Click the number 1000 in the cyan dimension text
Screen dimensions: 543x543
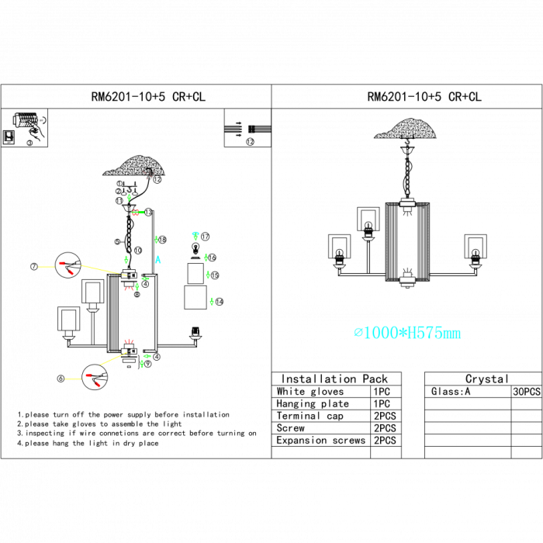(380, 333)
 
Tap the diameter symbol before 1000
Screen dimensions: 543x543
(358, 333)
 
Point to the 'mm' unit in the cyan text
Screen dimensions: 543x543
(451, 334)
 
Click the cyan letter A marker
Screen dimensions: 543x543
(157, 260)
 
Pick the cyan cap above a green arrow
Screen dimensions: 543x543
(195, 233)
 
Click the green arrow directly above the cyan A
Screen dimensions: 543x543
(156, 240)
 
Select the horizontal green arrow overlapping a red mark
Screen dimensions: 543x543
(138, 212)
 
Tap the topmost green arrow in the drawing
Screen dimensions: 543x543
(129, 197)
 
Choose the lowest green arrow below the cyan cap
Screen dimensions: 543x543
(212, 302)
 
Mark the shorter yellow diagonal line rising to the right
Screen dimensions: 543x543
(113, 358)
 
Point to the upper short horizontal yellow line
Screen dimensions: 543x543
(47, 267)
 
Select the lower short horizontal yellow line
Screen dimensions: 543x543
(73, 379)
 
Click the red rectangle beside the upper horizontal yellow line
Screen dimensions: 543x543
(62, 264)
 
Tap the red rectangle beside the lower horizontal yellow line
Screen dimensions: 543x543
(88, 375)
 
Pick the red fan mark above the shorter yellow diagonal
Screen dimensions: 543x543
(129, 341)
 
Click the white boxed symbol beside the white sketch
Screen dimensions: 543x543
(9, 137)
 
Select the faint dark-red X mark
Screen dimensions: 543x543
(147, 175)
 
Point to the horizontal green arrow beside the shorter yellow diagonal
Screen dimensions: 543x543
(147, 356)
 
